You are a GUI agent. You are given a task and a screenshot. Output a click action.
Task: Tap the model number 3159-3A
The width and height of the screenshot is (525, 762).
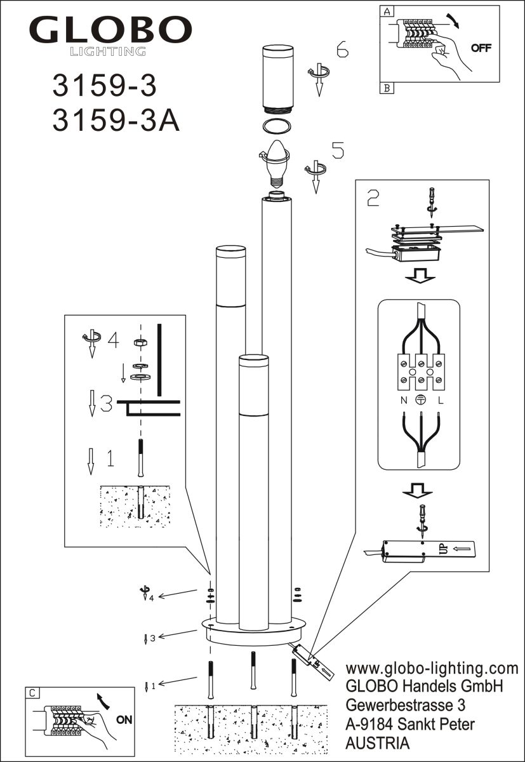116,121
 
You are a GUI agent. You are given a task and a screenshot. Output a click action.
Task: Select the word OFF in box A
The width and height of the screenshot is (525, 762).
481,49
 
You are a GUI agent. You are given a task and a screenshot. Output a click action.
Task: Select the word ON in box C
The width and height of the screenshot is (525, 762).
124,719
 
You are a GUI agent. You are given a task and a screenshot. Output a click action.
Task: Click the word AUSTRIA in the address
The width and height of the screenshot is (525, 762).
377,742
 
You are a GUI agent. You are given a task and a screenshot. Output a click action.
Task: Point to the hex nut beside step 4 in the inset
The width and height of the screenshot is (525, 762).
140,342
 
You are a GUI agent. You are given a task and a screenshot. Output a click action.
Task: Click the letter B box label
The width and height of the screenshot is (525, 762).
386,88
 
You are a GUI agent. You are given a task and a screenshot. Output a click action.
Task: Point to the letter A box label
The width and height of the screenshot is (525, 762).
386,11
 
